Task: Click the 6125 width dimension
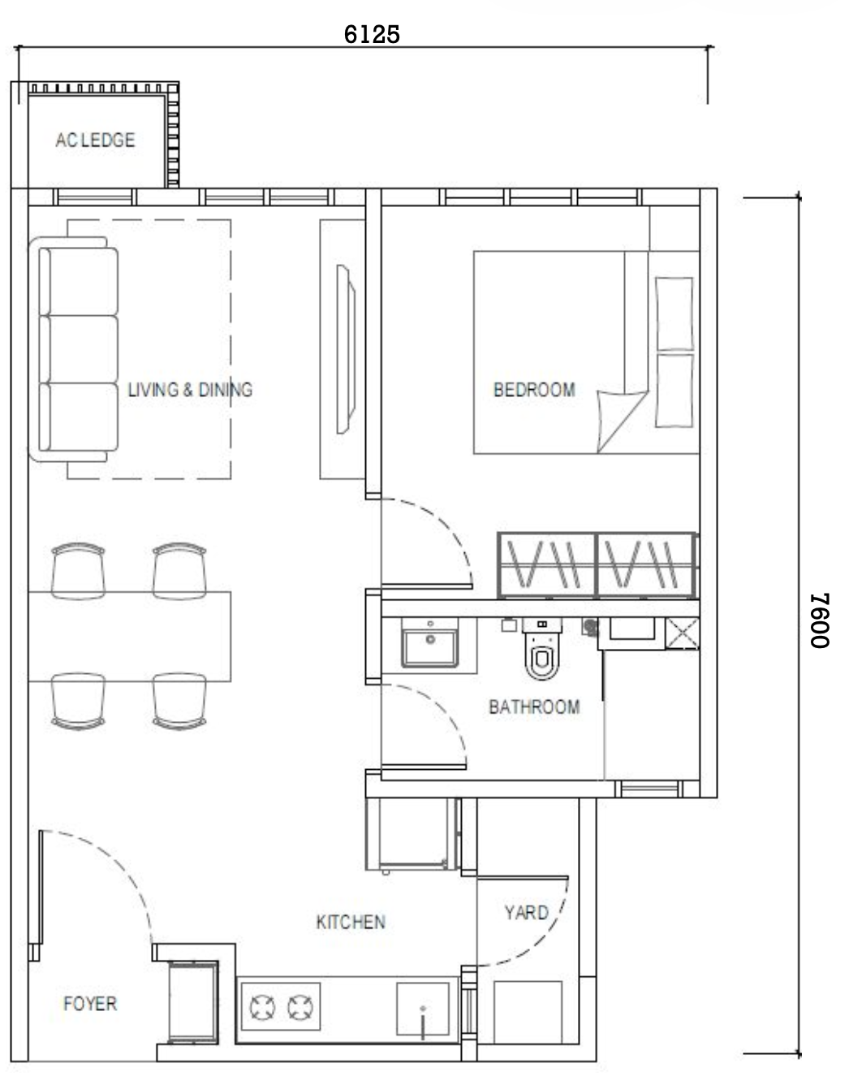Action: [372, 34]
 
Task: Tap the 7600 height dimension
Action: [819, 620]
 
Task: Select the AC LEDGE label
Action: [95, 140]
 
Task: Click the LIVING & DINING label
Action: [190, 390]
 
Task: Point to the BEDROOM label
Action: [534, 390]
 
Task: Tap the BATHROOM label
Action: [534, 707]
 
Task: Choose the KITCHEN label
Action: [351, 922]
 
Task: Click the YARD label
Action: [526, 913]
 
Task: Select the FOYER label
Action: [90, 1004]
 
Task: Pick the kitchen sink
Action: [423, 1009]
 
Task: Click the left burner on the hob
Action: [262, 1007]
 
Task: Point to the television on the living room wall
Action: [346, 349]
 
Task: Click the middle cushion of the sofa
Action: [79, 349]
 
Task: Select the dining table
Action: [130, 637]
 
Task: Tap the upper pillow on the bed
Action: [674, 314]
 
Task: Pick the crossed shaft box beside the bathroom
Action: [683, 633]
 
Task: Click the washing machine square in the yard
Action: [528, 1012]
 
